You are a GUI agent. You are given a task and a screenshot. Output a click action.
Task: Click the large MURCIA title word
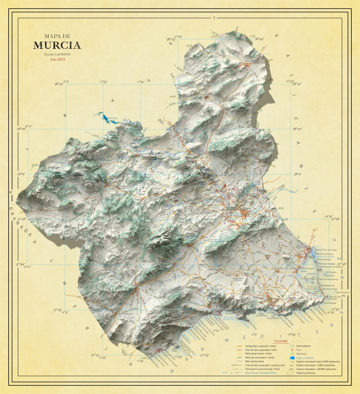click(x=57, y=46)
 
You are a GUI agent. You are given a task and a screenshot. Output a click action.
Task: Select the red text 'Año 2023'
click(x=57, y=59)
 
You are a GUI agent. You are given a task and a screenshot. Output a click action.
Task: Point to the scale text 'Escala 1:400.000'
click(x=57, y=54)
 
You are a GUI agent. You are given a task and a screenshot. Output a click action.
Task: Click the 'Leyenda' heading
click(x=281, y=341)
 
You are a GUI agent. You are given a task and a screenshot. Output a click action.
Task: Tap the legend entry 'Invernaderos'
click(x=303, y=346)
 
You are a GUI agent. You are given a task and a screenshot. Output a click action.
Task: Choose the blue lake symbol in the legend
click(x=292, y=358)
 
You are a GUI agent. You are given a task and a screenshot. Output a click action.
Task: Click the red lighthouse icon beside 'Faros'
click(x=292, y=350)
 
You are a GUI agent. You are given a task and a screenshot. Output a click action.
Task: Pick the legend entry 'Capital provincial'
click(x=305, y=373)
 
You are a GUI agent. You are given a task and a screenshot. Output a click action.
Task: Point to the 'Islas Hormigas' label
click(x=343, y=293)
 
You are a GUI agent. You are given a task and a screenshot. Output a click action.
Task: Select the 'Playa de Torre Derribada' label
click(x=325, y=250)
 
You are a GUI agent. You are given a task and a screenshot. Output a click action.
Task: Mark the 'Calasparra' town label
click(x=143, y=154)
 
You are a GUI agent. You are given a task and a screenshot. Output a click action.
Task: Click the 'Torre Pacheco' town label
click(x=278, y=268)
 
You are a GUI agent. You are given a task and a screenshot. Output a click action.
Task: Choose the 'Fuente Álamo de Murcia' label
click(x=237, y=279)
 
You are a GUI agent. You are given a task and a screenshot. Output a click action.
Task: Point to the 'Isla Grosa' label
click(x=330, y=276)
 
